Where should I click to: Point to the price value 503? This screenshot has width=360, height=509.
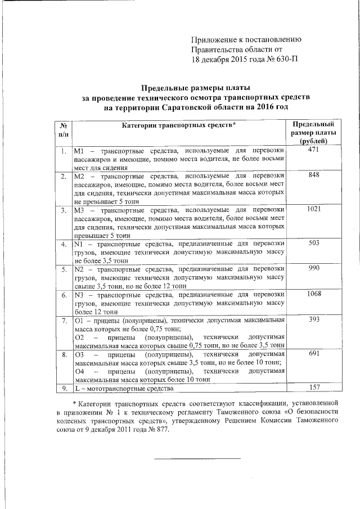[x=314, y=243]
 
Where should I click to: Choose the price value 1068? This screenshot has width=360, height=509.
[x=314, y=294]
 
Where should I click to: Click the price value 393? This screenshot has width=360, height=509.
[x=314, y=319]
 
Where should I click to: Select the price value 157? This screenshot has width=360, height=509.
[x=314, y=388]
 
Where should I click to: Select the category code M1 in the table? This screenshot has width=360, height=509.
[x=79, y=152]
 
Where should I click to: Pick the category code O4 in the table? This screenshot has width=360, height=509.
[x=79, y=371]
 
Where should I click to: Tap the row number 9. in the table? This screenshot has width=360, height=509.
[x=64, y=388]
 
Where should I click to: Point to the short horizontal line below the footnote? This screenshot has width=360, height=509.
[x=197, y=458]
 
